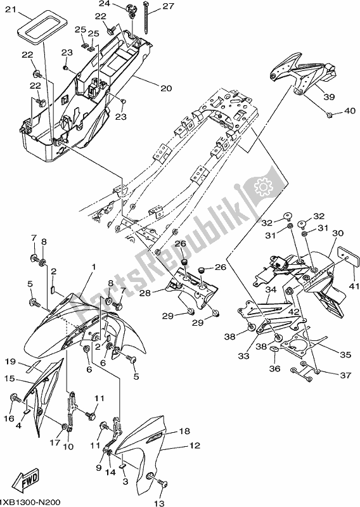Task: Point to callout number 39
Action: pyautogui.click(x=328, y=97)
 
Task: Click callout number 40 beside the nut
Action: pyautogui.click(x=350, y=112)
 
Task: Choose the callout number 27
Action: pyautogui.click(x=167, y=6)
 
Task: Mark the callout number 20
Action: pyautogui.click(x=165, y=88)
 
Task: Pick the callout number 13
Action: pyautogui.click(x=158, y=503)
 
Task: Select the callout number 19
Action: pyautogui.click(x=11, y=361)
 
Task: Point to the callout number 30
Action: pyautogui.click(x=337, y=233)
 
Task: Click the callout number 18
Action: pyautogui.click(x=184, y=431)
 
